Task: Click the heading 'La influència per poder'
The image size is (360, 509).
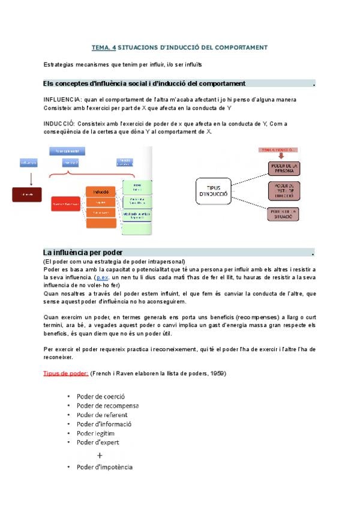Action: point(83,252)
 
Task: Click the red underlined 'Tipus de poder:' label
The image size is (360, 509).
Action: point(66,373)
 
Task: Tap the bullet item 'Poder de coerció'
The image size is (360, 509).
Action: point(100,396)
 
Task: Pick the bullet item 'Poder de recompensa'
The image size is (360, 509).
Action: point(107,405)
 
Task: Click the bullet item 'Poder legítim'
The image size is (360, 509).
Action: point(95,433)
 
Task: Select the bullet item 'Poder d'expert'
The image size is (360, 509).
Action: point(98,442)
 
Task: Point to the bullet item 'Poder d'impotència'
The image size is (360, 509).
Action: point(104,467)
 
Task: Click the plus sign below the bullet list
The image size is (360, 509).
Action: point(100,455)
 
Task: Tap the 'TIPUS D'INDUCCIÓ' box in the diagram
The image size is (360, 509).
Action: point(213,191)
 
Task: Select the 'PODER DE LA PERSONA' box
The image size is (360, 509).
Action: point(283,168)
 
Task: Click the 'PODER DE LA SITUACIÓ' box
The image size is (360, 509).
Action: point(283,214)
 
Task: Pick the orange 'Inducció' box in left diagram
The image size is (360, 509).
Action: point(100,191)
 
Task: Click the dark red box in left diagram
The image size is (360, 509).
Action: point(28,194)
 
